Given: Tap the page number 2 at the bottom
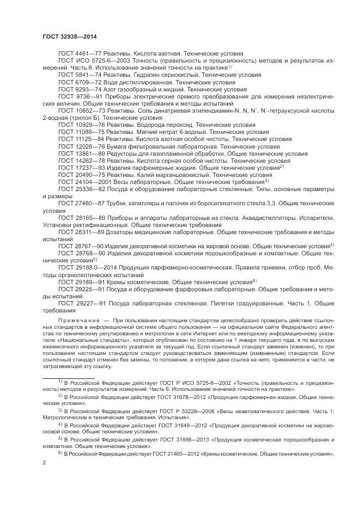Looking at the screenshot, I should (x=44, y=463).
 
